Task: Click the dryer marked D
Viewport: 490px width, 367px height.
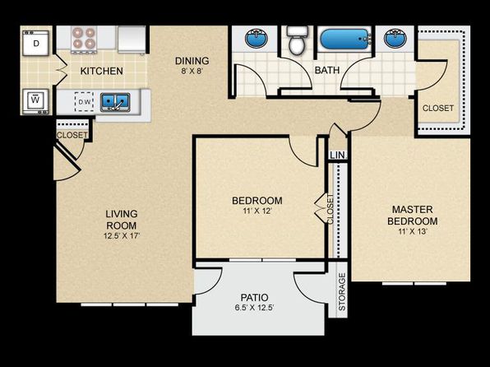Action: (36, 43)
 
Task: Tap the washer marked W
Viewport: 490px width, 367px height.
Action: (36, 101)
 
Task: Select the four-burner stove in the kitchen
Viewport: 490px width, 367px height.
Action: (83, 39)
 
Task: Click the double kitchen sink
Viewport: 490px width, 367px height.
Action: (115, 102)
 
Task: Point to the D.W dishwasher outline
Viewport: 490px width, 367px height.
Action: (84, 102)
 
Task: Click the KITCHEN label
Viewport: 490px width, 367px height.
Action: (102, 71)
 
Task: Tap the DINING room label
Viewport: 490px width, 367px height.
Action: (192, 60)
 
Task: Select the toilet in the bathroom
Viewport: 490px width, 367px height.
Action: (297, 39)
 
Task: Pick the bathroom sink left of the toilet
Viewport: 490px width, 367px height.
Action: (257, 38)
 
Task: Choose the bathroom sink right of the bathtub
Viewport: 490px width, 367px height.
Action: (395, 38)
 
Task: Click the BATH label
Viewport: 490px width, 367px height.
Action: (327, 70)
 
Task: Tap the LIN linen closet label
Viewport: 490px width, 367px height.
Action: (338, 156)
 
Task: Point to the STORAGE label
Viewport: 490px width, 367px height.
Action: (342, 291)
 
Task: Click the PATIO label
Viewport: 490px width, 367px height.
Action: (254, 297)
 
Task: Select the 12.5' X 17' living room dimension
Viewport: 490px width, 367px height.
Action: (122, 235)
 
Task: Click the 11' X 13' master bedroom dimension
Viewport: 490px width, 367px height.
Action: (413, 232)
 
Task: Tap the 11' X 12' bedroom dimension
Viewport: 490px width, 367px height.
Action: (257, 211)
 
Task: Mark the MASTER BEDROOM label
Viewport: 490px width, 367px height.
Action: (413, 215)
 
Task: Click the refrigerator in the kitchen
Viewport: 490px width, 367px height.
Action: (132, 39)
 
